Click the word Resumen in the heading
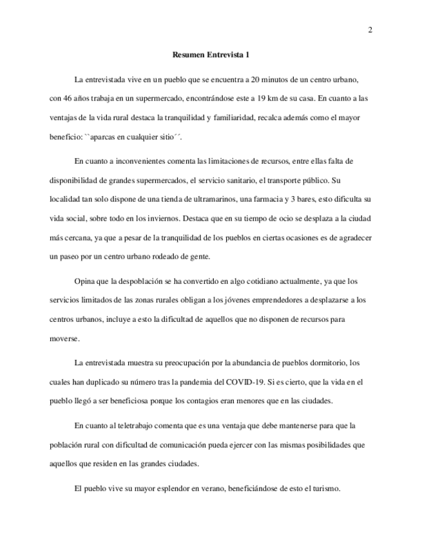point(188,55)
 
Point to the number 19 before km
point(287,99)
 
